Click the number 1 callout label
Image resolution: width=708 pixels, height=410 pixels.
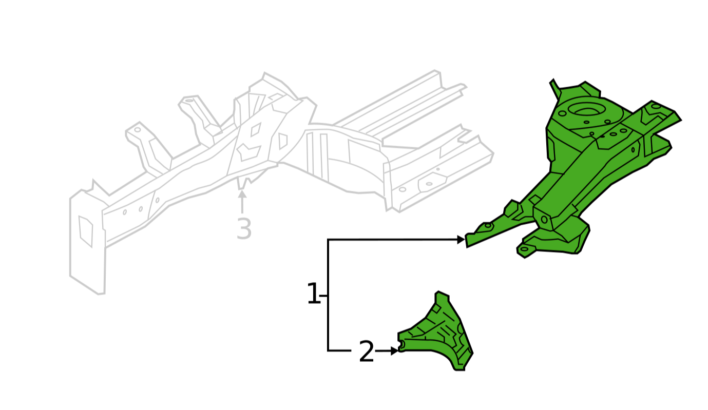click(314, 294)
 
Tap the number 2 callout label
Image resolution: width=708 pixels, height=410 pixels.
click(367, 352)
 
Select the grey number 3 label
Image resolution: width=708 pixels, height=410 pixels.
click(244, 229)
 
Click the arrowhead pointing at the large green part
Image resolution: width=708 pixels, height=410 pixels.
click(461, 240)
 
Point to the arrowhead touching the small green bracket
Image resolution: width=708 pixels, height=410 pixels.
click(394, 350)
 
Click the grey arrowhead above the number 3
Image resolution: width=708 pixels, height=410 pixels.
click(242, 194)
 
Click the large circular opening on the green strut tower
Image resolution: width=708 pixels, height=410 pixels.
click(587, 110)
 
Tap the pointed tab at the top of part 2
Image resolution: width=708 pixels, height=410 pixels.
click(442, 296)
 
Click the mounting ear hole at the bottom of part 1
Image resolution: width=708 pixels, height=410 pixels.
click(524, 249)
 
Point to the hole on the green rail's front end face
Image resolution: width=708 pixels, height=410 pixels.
click(544, 219)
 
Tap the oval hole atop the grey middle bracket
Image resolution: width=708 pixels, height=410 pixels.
click(189, 101)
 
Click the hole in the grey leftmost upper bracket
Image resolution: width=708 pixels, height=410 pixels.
click(138, 129)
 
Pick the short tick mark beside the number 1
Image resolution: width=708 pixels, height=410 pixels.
click(323, 296)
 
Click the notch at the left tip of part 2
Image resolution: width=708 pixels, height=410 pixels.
click(401, 345)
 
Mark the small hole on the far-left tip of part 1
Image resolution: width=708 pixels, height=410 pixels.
click(488, 226)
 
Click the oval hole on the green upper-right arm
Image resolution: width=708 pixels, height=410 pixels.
click(656, 106)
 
